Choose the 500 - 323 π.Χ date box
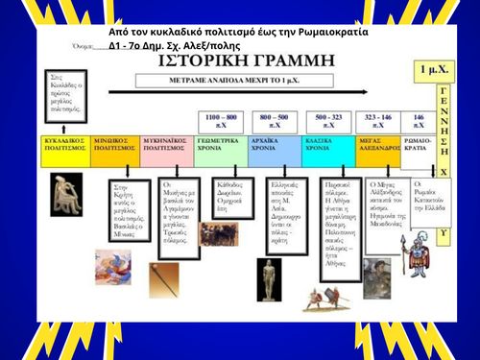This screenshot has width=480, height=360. click(x=328, y=121)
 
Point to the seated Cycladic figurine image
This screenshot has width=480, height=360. click(x=67, y=188)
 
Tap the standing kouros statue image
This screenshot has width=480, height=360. click(x=270, y=278)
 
